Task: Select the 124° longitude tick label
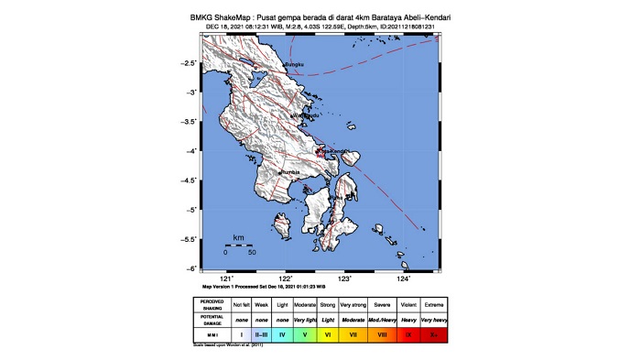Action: [404, 278]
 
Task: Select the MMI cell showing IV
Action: [282, 336]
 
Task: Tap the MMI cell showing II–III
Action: [261, 336]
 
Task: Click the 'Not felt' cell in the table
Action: [241, 304]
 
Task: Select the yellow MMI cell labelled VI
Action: [327, 336]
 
